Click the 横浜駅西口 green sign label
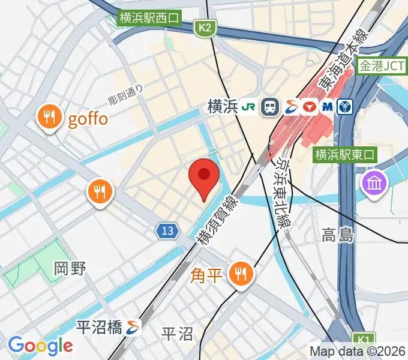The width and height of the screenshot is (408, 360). tap(149, 18)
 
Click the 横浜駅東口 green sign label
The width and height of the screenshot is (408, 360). tap(344, 155)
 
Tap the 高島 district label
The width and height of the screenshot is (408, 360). tap(337, 235)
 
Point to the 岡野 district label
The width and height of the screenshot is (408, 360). tap(70, 268)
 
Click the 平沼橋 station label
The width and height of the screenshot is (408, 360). tap(100, 327)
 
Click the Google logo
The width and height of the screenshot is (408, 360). tap(40, 345)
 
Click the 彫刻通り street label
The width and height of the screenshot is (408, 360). tap(126, 93)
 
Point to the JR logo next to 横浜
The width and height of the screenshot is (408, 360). tap(248, 107)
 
